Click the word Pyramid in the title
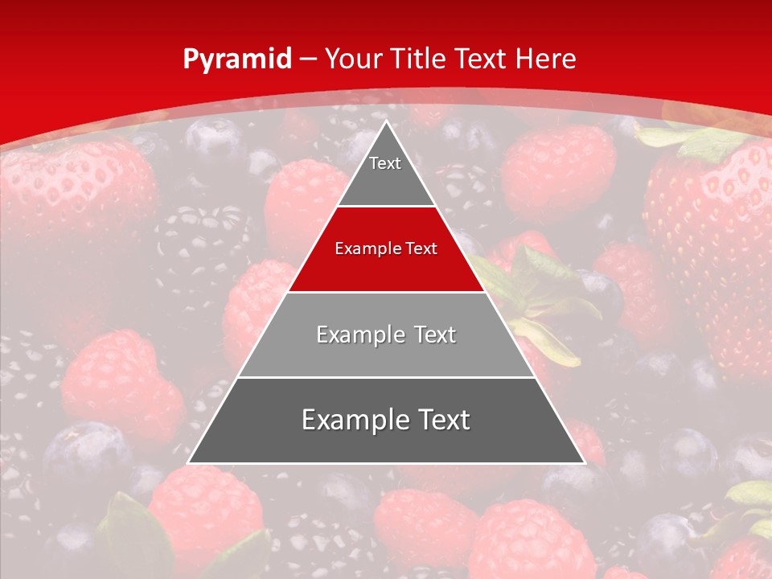click(x=237, y=60)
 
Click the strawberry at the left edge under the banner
click(x=72, y=193)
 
